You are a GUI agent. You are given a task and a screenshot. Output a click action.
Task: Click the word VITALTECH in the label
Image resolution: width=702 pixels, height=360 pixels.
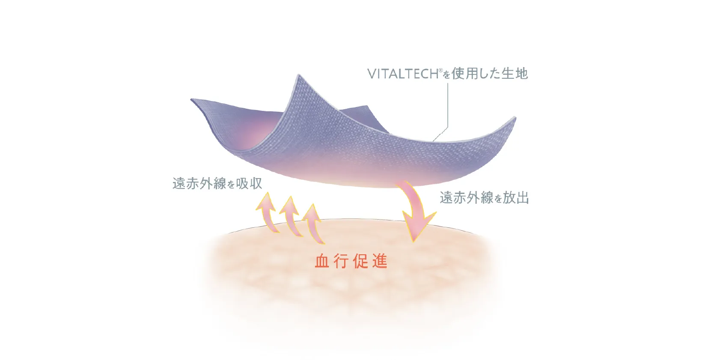tap(403, 74)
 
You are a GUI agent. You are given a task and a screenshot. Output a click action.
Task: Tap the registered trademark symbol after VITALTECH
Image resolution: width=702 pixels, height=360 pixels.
tap(440, 70)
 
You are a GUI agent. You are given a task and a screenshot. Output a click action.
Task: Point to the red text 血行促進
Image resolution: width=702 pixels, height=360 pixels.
tap(351, 261)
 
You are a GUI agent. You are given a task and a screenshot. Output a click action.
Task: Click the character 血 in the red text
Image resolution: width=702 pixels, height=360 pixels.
tap(322, 261)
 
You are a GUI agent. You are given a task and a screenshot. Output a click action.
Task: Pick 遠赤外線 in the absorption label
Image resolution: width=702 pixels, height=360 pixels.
tap(199, 183)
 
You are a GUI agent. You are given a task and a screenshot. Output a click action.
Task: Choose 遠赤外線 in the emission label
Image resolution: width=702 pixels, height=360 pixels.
tap(466, 198)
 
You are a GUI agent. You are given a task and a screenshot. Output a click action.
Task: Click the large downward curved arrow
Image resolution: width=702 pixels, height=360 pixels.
tap(416, 210)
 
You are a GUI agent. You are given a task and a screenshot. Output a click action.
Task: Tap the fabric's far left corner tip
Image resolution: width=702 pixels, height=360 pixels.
tap(191, 99)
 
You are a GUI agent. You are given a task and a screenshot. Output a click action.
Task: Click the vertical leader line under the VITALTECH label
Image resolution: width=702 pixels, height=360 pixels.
tap(448, 105)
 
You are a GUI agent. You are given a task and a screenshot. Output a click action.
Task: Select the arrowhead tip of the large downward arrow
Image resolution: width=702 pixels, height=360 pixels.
tap(413, 242)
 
